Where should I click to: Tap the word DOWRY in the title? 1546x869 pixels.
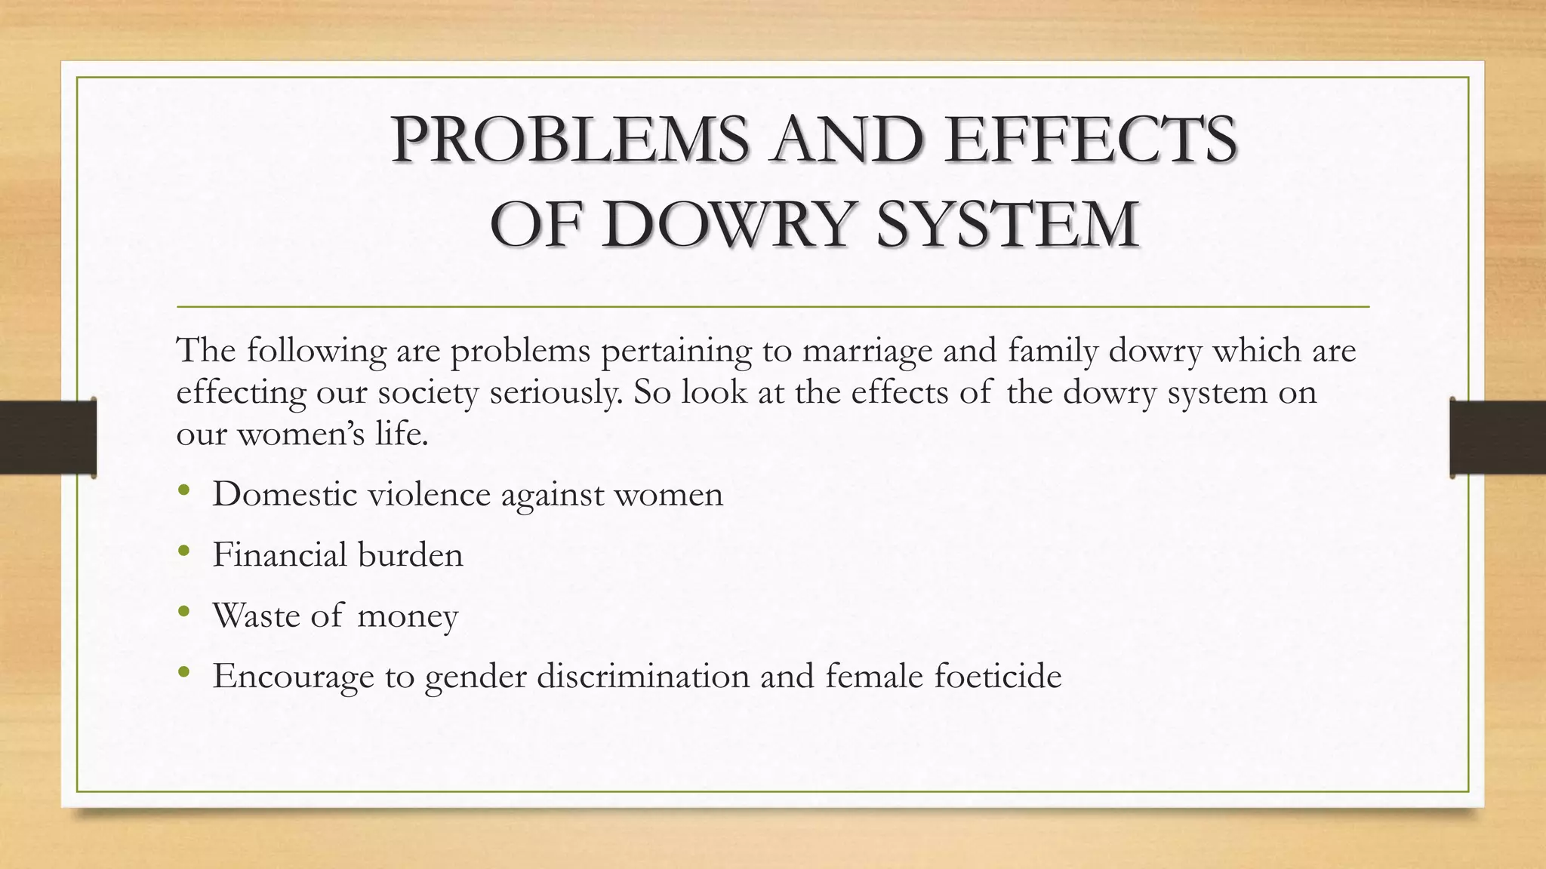pos(731,224)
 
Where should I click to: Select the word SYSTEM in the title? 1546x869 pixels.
pos(1007,224)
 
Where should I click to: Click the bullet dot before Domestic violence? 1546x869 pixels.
pos(184,492)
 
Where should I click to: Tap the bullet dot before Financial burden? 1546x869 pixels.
pos(184,552)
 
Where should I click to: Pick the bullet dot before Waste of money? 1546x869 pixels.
pos(184,613)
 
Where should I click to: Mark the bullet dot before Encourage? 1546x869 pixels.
pos(184,673)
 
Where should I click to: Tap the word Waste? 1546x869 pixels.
pos(257,615)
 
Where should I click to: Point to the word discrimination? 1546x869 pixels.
pos(643,675)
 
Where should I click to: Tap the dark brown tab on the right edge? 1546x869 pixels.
pos(1498,438)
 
